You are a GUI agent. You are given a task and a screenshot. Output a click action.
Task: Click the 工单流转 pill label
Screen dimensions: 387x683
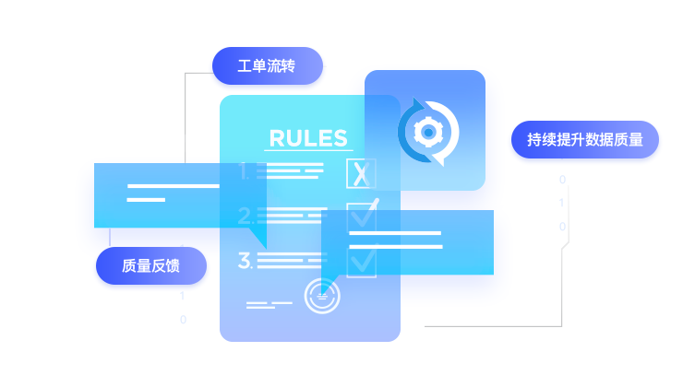pos(268,66)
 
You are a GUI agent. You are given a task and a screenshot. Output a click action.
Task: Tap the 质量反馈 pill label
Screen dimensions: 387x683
pos(151,265)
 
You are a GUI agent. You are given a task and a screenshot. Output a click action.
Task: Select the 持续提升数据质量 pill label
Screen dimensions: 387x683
pos(585,140)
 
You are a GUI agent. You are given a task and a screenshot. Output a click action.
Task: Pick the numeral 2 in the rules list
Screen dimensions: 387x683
pos(245,217)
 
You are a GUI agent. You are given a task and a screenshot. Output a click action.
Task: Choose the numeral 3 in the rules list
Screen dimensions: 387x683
pos(245,261)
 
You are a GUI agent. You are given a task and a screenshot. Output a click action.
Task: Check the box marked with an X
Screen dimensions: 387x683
pos(361,172)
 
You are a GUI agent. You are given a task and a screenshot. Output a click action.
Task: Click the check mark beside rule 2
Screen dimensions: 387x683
pos(364,215)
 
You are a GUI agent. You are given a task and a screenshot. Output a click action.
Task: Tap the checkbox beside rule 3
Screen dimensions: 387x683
pos(362,261)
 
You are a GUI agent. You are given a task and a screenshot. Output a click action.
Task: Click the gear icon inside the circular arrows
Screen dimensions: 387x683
pos(427,132)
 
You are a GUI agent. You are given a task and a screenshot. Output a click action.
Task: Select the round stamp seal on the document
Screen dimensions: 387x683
pos(321,295)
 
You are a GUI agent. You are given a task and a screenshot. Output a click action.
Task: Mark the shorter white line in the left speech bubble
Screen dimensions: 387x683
pos(146,199)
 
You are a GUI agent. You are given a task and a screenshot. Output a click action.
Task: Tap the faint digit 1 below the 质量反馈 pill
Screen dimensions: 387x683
pos(182,296)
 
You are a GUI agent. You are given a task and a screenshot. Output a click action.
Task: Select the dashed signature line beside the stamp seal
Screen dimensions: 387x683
pos(269,303)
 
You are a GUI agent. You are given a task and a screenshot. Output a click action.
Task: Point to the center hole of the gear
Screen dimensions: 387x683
pos(427,132)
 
